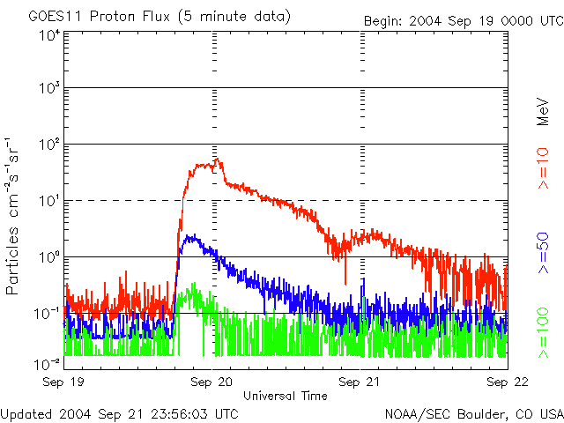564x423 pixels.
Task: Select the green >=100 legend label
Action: pyautogui.click(x=543, y=336)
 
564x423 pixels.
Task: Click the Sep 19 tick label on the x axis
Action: pyautogui.click(x=65, y=383)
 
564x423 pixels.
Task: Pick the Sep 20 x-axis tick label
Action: pyautogui.click(x=212, y=383)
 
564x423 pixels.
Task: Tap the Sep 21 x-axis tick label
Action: pyautogui.click(x=360, y=383)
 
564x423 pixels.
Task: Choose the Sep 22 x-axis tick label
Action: pyautogui.click(x=508, y=383)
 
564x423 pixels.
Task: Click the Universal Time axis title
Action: pyautogui.click(x=286, y=396)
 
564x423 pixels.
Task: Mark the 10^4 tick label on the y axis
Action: pyautogui.click(x=49, y=35)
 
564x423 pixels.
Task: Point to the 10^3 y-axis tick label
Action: pyautogui.click(x=49, y=90)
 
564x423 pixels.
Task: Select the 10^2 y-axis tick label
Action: pyautogui.click(x=49, y=145)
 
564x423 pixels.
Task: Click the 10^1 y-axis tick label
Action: pyautogui.click(x=49, y=202)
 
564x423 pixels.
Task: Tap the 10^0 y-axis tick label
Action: pyautogui.click(x=49, y=258)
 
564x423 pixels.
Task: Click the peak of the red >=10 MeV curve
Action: pyautogui.click(x=218, y=159)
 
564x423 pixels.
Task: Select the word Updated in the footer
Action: pyautogui.click(x=25, y=412)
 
